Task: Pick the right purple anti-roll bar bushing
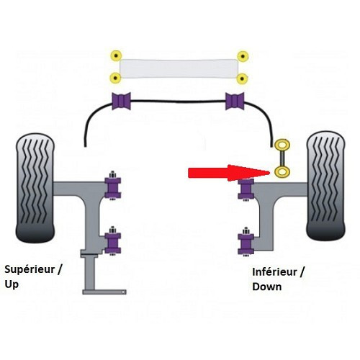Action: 235,102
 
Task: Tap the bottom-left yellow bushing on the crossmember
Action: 114,77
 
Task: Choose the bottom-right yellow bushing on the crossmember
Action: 243,77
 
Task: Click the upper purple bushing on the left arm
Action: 112,186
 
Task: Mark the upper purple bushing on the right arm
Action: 246,189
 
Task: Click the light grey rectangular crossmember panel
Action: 179,67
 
